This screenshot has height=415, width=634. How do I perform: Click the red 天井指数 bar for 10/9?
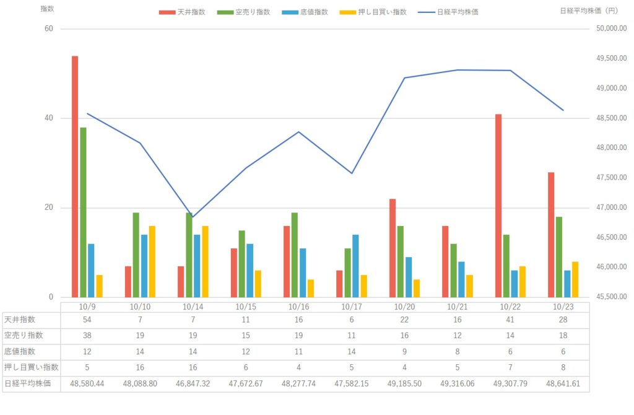click(75, 177)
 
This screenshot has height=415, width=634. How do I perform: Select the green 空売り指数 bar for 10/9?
click(83, 212)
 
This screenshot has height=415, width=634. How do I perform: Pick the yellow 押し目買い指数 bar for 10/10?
click(152, 261)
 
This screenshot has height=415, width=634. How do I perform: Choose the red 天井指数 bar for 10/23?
click(551, 235)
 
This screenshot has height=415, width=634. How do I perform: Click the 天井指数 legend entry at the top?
click(180, 12)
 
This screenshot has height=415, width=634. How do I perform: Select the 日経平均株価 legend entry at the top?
click(449, 12)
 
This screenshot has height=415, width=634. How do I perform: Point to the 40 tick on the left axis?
click(48, 118)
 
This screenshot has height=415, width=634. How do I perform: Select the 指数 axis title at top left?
click(47, 9)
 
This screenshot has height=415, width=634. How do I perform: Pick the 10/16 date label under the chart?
click(298, 307)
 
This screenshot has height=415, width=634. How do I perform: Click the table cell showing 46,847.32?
click(193, 384)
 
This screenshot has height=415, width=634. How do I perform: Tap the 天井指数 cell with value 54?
click(87, 320)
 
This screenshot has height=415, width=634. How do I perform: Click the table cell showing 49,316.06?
click(457, 384)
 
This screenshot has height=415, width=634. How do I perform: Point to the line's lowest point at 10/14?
click(193, 218)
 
